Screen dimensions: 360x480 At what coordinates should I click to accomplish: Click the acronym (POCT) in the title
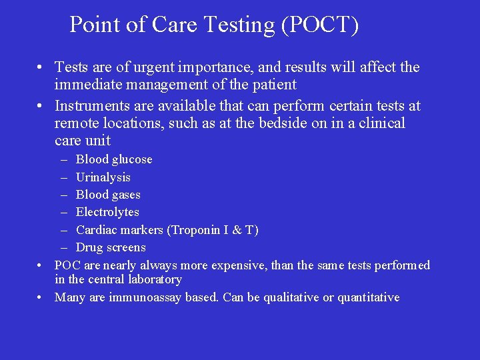click(x=320, y=25)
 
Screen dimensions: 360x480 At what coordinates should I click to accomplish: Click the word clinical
click(x=379, y=123)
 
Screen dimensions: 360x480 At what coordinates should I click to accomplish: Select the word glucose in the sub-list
click(x=131, y=159)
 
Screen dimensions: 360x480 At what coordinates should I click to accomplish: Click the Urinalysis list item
click(x=103, y=177)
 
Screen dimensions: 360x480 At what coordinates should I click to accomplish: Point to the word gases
click(x=126, y=195)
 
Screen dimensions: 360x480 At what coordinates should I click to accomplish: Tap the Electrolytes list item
click(x=107, y=212)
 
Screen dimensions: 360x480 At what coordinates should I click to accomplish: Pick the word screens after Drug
click(x=125, y=247)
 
